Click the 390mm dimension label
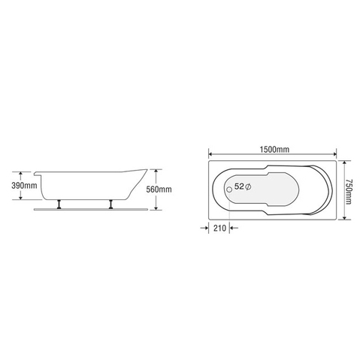26,185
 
